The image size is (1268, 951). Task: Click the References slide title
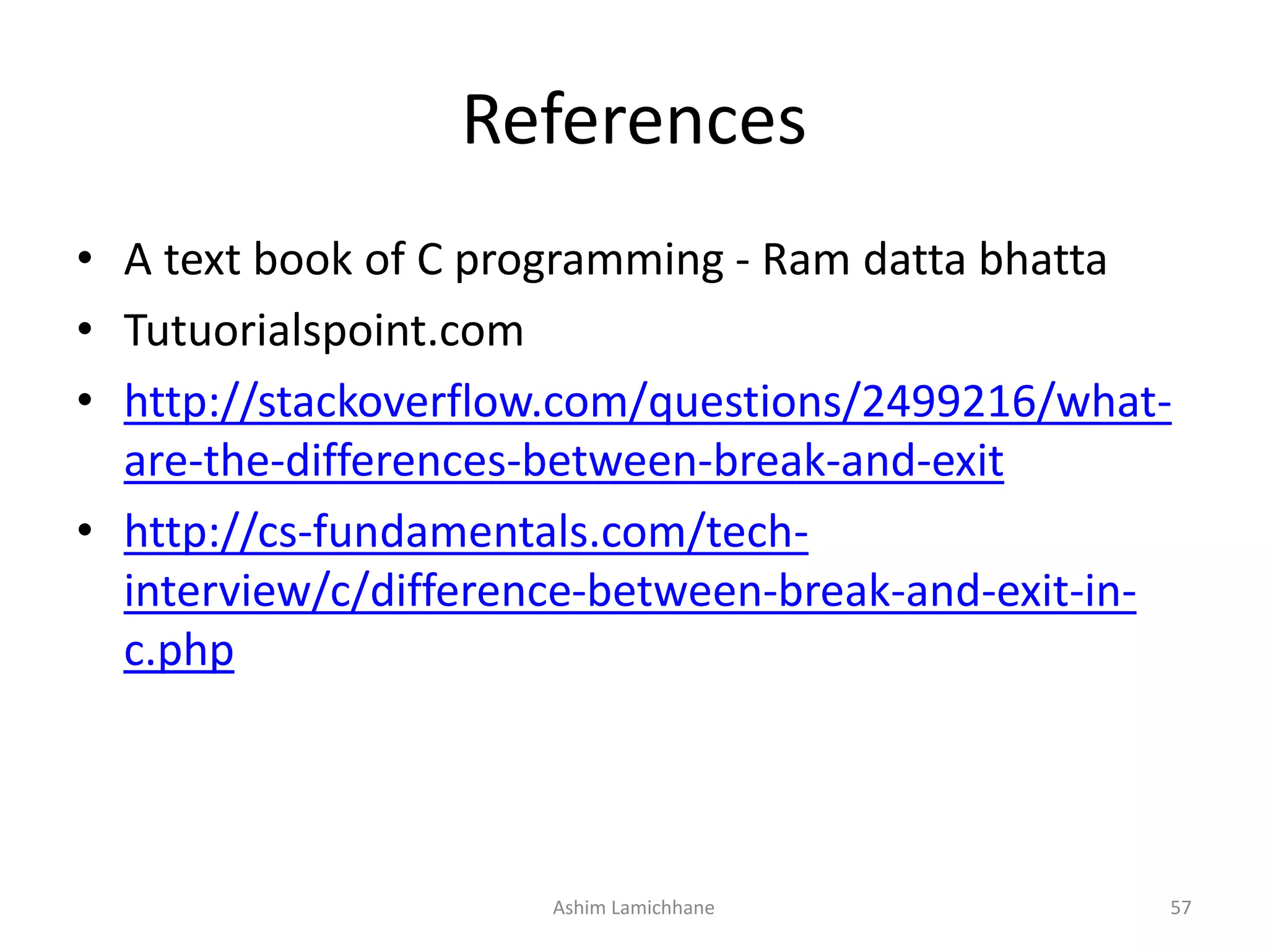pos(634,120)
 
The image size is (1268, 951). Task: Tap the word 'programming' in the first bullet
pos(589,260)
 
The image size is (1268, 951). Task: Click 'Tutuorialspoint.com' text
pos(324,331)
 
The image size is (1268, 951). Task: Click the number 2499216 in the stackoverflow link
pos(948,402)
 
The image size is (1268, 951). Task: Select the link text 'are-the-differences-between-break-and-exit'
pos(563,461)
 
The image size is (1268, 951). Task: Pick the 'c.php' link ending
pos(179,651)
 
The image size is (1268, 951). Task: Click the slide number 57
pos(1180,908)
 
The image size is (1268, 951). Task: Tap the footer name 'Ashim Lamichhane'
pos(633,908)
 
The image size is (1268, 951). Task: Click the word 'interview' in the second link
pos(217,591)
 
